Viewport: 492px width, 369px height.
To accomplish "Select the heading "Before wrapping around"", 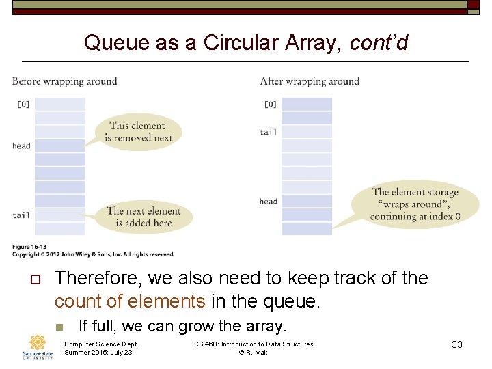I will pyautogui.click(x=65, y=81).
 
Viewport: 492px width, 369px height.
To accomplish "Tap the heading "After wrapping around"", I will pyautogui.click(x=310, y=81).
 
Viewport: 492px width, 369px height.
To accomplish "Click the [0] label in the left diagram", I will pyautogui.click(x=23, y=105).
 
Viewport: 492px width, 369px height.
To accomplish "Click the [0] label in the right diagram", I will pyautogui.click(x=270, y=105).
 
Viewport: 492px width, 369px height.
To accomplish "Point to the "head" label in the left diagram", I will pyautogui.click(x=21, y=146).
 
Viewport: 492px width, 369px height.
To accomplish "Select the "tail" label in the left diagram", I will pyautogui.click(x=21, y=215).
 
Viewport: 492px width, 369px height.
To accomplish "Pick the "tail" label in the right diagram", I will pyautogui.click(x=268, y=132).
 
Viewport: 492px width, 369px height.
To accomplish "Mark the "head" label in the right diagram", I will pyautogui.click(x=268, y=202).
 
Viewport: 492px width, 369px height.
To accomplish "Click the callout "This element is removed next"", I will pyautogui.click(x=137, y=131).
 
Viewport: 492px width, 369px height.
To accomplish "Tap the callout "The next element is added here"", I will pyautogui.click(x=143, y=217).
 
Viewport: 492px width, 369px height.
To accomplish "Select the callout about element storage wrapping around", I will pyautogui.click(x=415, y=204).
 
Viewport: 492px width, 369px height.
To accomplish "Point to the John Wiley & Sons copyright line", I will pyautogui.click(x=93, y=254).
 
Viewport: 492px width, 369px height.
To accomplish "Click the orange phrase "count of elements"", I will pyautogui.click(x=130, y=301).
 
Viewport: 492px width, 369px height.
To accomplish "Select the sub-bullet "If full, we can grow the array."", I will pyautogui.click(x=182, y=326).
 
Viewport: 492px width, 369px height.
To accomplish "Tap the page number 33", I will pyautogui.click(x=457, y=344).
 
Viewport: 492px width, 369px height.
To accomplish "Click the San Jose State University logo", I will pyautogui.click(x=38, y=347).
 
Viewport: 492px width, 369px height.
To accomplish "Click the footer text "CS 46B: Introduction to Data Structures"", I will pyautogui.click(x=254, y=344).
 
